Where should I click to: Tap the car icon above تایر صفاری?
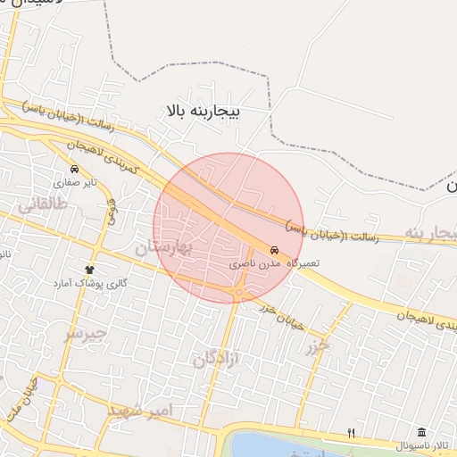click(74, 169)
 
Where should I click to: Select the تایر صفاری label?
click(74, 182)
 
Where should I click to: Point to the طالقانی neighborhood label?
click(41, 204)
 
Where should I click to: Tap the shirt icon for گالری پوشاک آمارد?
click(89, 270)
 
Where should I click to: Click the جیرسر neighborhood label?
click(86, 335)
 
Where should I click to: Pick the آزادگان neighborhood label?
click(217, 359)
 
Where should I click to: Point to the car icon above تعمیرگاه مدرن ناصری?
click(274, 251)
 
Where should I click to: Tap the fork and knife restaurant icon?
click(352, 434)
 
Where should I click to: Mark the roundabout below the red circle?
click(241, 292)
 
